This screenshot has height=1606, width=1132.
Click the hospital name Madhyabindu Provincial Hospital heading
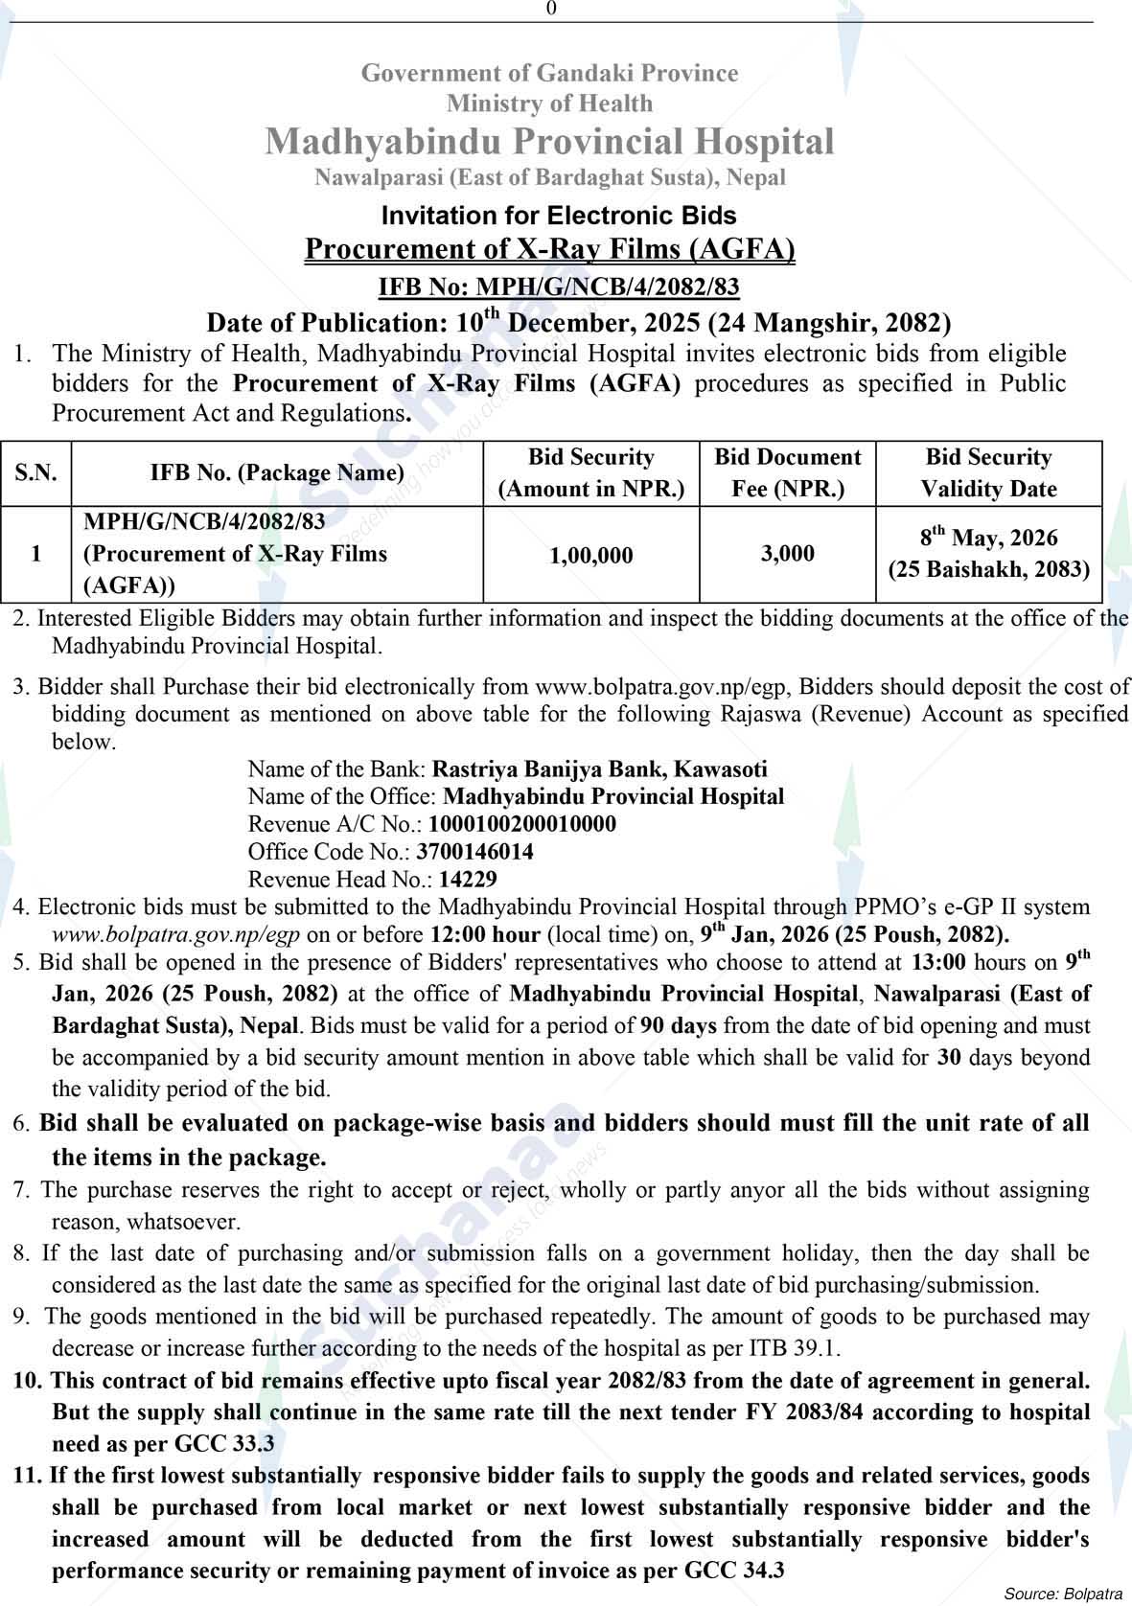click(549, 141)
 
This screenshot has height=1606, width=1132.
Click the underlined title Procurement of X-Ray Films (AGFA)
click(549, 249)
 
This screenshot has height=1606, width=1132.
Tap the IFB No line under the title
click(559, 287)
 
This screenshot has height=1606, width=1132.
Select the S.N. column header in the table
click(35, 473)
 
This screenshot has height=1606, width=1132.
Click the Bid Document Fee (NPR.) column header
click(787, 473)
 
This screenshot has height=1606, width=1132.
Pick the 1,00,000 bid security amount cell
click(591, 555)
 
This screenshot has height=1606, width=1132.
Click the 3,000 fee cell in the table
click(787, 554)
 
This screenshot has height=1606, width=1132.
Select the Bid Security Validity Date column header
click(988, 473)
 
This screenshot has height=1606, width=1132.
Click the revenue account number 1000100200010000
click(522, 824)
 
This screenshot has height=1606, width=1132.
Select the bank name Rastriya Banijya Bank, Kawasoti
click(600, 769)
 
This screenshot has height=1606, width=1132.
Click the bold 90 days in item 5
click(679, 1025)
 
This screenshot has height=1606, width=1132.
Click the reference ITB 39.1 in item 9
click(792, 1348)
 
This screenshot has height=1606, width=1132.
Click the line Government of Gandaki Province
click(549, 73)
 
